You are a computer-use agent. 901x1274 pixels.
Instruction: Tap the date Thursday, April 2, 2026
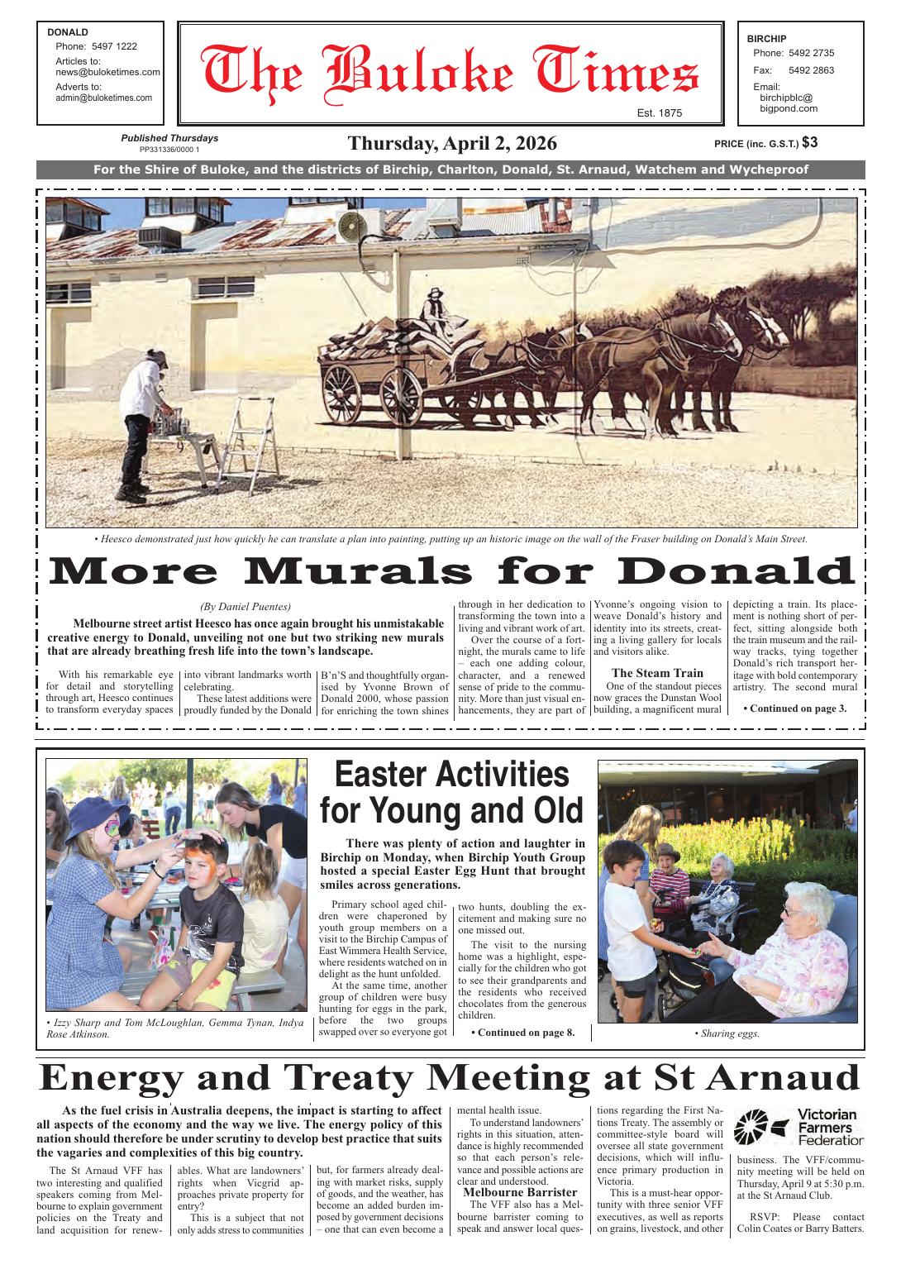pyautogui.click(x=452, y=143)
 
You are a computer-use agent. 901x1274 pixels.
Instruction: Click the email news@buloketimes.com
pyautogui.click(x=107, y=72)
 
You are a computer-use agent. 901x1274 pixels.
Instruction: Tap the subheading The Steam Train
pyautogui.click(x=657, y=673)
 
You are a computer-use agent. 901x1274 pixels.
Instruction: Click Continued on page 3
pyautogui.click(x=795, y=708)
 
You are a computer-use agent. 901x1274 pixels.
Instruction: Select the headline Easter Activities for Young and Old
pyautogui.click(x=451, y=793)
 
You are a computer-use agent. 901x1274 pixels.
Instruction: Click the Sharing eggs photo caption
pyautogui.click(x=727, y=1033)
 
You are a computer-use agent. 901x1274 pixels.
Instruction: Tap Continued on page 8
pyautogui.click(x=522, y=1032)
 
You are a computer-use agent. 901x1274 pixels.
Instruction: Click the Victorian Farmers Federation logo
pyautogui.click(x=799, y=1127)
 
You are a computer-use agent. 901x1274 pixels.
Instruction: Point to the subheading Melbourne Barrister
pyautogui.click(x=519, y=1192)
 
